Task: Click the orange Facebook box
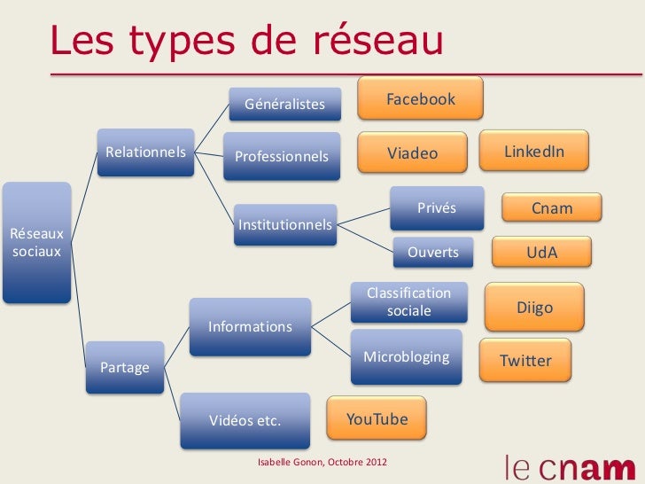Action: tap(420, 98)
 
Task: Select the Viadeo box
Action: tap(412, 153)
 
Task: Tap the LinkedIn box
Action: tap(534, 152)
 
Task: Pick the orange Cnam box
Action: tap(552, 209)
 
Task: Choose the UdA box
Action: tap(541, 253)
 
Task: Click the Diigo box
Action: tap(534, 308)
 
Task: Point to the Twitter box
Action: tap(525, 361)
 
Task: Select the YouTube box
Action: tap(377, 419)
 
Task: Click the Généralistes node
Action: tap(284, 106)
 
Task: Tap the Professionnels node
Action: tap(281, 156)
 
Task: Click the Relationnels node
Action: tap(146, 152)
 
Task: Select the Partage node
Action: tap(125, 366)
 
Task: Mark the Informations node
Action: tap(250, 325)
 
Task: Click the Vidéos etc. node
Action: tap(245, 420)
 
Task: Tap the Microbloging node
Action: tap(407, 356)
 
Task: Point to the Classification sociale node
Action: tap(408, 301)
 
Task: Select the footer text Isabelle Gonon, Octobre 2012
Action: tap(322, 464)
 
